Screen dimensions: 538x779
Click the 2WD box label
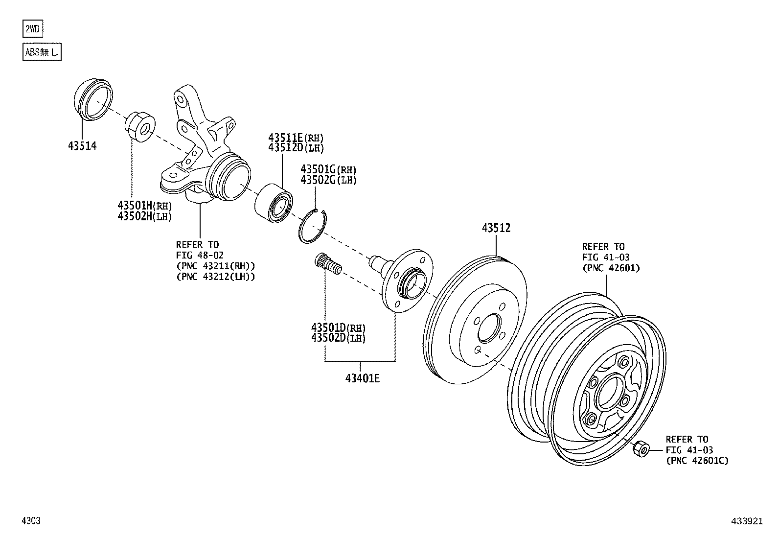point(33,29)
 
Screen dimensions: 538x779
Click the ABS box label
point(42,52)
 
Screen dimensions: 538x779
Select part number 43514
point(82,145)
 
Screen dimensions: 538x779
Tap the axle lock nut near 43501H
point(140,127)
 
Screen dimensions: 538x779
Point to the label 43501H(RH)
point(144,206)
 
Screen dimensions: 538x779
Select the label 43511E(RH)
point(296,138)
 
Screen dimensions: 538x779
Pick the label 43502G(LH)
point(328,180)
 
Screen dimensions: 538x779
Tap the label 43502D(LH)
point(338,338)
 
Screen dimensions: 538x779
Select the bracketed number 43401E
point(362,378)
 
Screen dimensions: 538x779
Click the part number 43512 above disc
point(496,228)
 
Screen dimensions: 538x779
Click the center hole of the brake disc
point(489,328)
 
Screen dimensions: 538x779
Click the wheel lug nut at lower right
point(641,448)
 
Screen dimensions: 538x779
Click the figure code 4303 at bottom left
point(31,521)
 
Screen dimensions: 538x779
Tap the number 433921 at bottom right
point(747,521)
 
